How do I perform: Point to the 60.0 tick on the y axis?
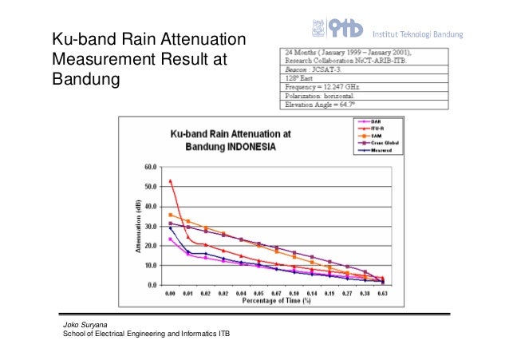151,168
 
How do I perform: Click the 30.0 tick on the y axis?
151,226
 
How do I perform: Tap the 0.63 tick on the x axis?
383,294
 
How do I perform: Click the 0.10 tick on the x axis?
294,294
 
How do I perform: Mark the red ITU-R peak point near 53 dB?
171,181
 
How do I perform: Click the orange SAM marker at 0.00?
171,215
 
